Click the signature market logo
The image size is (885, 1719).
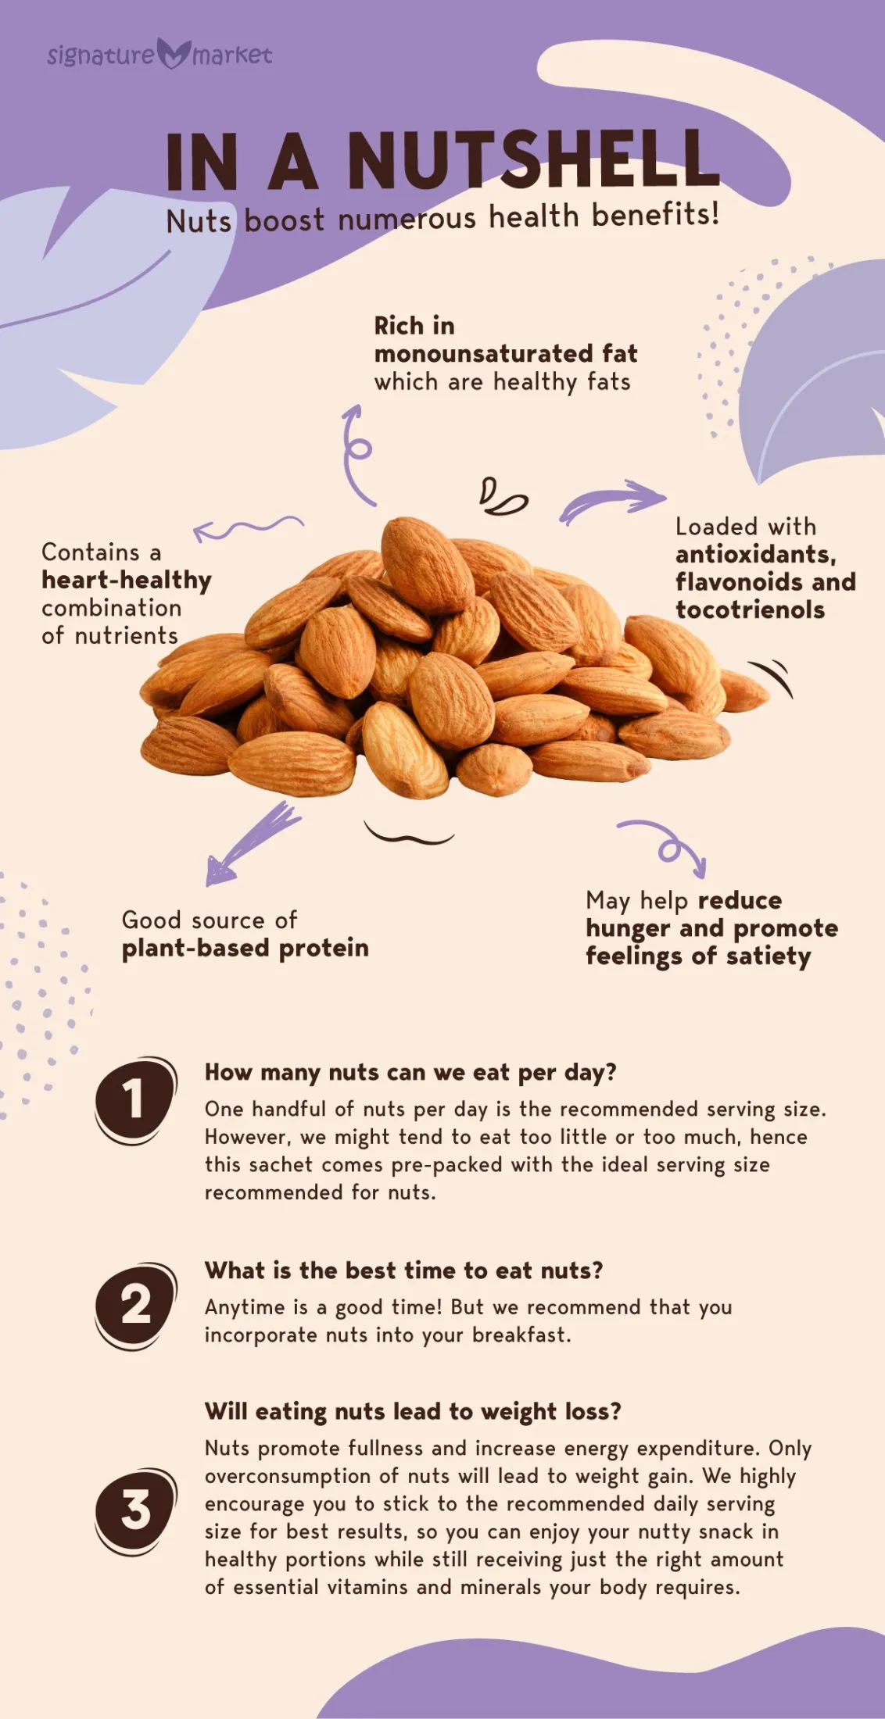click(159, 54)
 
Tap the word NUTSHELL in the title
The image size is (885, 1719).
click(533, 160)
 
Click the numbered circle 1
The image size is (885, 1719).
click(134, 1100)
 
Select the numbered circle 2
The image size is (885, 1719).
click(134, 1306)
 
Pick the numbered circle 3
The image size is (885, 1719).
click(134, 1510)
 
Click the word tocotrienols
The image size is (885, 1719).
click(751, 609)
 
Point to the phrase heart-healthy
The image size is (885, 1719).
click(127, 581)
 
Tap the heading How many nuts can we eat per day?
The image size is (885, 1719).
click(410, 1073)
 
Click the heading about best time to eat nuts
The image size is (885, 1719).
click(404, 1270)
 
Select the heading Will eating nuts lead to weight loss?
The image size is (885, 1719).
click(413, 1412)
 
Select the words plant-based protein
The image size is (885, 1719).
click(245, 949)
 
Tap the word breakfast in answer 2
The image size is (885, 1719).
click(521, 1335)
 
